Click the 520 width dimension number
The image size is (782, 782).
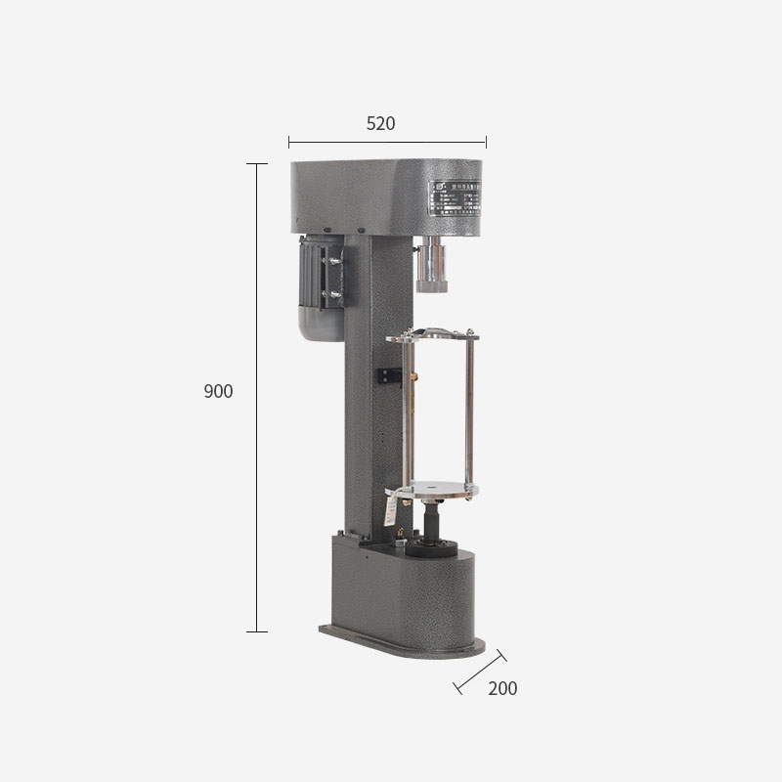pyautogui.click(x=380, y=124)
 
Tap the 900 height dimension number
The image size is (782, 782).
pyautogui.click(x=218, y=392)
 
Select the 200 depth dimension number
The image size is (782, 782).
pyautogui.click(x=502, y=688)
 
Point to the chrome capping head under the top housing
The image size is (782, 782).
pyautogui.click(x=430, y=266)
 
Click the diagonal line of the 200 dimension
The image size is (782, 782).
pyautogui.click(x=480, y=672)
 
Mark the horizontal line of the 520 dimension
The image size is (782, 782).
pyautogui.click(x=387, y=144)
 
